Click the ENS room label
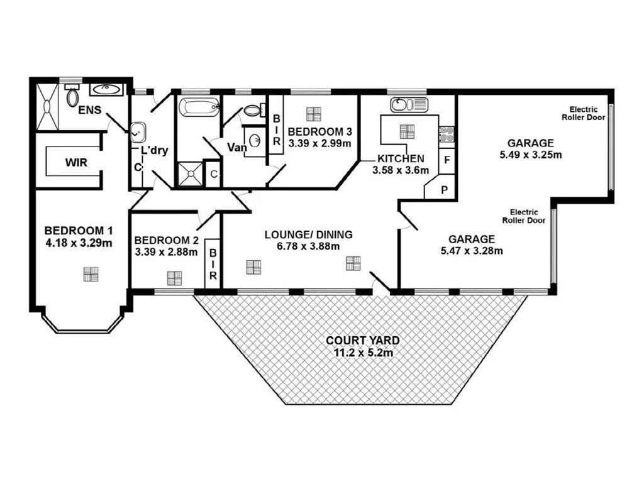point(90,110)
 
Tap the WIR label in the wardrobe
point(76,162)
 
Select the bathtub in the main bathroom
point(199,107)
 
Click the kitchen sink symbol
point(408,104)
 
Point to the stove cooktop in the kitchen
point(447,133)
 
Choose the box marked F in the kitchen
point(447,160)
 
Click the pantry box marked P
point(443,189)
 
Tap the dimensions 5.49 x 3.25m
point(530,155)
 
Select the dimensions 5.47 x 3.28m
point(471,251)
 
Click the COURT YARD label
point(362,341)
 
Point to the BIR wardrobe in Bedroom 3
point(275,131)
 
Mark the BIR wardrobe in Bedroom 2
point(213,263)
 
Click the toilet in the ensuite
point(72,97)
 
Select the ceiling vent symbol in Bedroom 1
point(91,274)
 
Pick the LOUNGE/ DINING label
point(308,234)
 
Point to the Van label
point(236,148)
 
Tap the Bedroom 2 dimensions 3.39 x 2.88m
point(166,253)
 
